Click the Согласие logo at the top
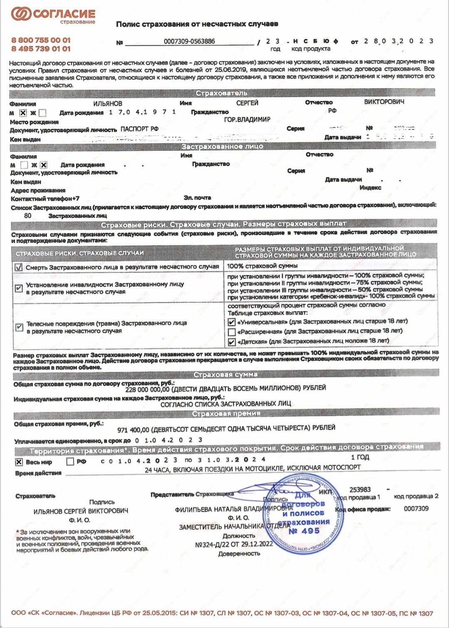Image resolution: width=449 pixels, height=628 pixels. coord(53,15)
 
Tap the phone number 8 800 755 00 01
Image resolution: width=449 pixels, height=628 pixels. coord(41,40)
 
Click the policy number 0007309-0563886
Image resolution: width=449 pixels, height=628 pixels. coord(189,41)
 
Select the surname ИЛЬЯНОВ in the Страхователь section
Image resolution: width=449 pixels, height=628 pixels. coord(108,103)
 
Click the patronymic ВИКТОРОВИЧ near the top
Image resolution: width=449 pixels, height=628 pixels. coord(384,102)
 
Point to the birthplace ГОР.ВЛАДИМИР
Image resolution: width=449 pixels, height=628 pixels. coord(247,120)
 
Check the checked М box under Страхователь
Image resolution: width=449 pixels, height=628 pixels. coord(23,113)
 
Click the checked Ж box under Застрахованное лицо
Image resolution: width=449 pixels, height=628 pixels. coord(44,165)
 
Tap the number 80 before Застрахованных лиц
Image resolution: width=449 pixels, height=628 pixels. coord(28,216)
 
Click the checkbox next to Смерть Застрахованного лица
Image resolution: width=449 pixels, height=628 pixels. coord(18,267)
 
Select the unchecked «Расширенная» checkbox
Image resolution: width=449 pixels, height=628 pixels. coord(232,332)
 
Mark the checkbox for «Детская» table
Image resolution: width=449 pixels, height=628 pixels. coord(232,342)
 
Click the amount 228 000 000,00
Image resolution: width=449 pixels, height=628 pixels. coord(148,390)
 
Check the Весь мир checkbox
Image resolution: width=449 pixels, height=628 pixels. coord(19,462)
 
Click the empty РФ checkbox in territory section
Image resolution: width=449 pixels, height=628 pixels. coord(70,461)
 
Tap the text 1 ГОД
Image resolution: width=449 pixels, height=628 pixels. coord(360,457)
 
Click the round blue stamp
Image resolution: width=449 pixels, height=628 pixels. coord(308,515)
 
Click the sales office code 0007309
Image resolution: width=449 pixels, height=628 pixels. coord(416,509)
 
